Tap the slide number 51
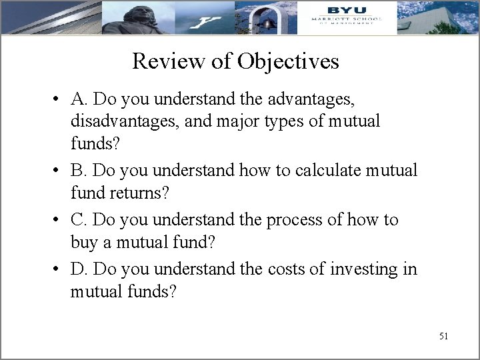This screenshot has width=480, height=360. coord(443,336)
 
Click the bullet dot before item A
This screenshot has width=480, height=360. coord(59,101)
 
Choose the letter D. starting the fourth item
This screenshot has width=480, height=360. coord(79,269)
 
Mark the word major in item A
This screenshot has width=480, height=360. coord(256,121)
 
